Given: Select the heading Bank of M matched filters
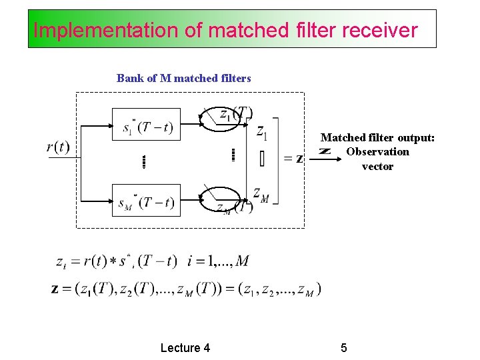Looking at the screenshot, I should [x=183, y=78].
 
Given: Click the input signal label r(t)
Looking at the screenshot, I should [x=58, y=147].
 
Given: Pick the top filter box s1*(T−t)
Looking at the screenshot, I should [x=147, y=125].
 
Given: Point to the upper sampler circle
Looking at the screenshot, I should [x=223, y=120].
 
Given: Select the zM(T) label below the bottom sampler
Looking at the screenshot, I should [x=235, y=208].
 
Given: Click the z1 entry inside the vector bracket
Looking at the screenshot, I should [x=261, y=133].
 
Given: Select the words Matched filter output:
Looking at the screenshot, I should [x=377, y=137].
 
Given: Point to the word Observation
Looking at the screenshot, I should [x=377, y=152].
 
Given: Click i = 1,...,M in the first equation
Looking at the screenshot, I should [x=219, y=261].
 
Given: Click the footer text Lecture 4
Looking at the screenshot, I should [x=185, y=347].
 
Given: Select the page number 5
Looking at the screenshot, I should [x=344, y=347].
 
